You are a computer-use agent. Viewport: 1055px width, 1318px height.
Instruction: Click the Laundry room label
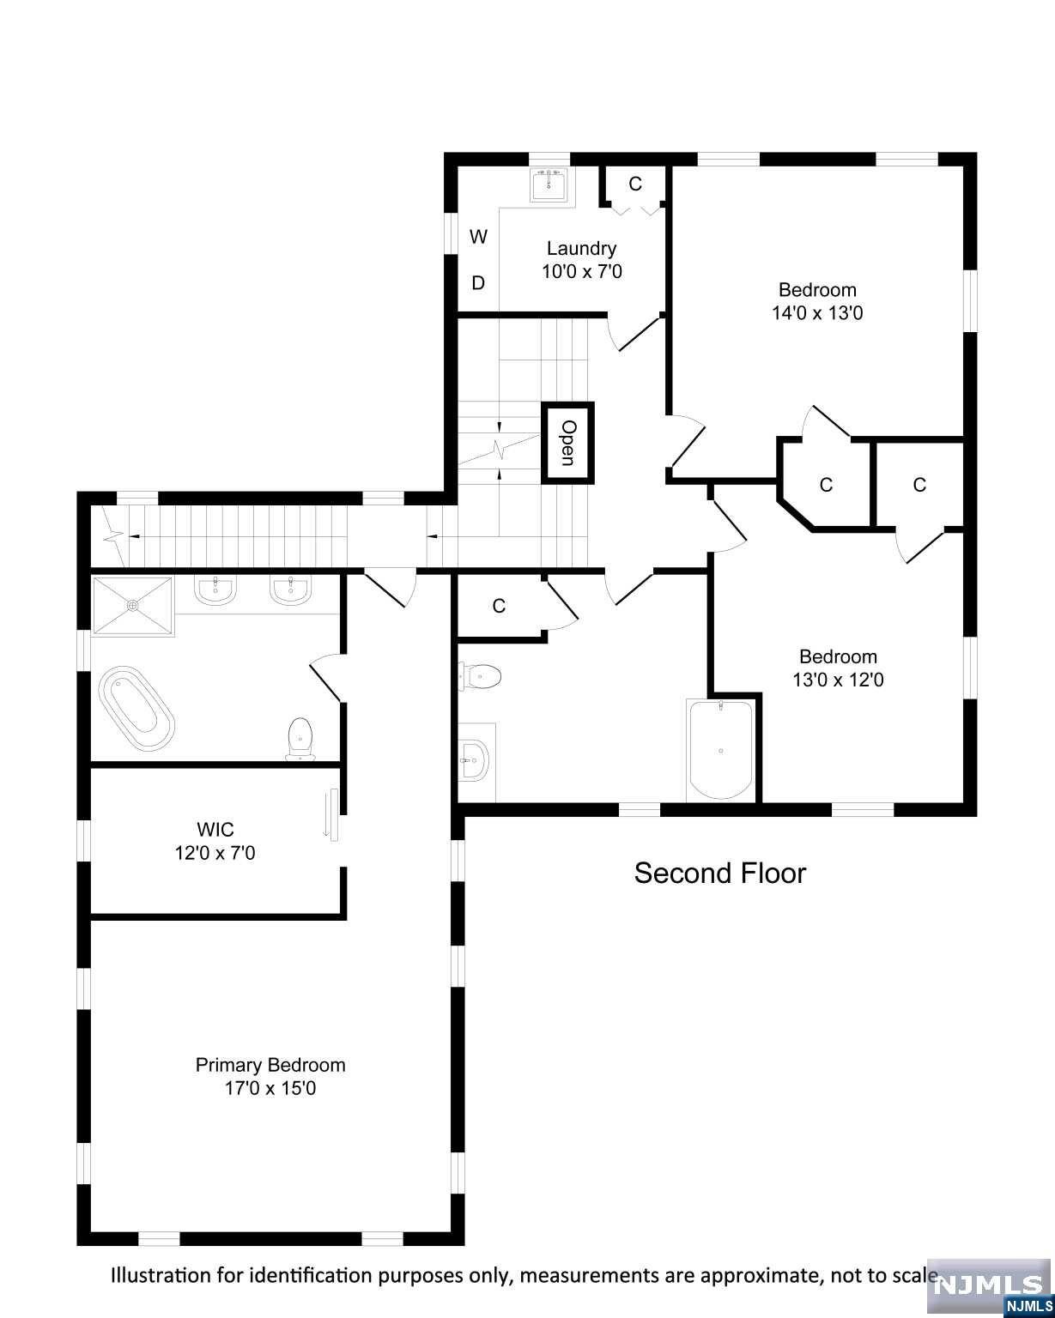tap(581, 249)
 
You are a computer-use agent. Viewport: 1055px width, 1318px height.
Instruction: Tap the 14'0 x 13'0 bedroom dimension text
tap(816, 313)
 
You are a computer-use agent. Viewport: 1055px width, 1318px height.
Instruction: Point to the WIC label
tap(215, 829)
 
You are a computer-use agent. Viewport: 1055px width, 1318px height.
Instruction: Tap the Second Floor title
tap(720, 873)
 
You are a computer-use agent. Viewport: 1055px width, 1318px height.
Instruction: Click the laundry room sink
tap(551, 185)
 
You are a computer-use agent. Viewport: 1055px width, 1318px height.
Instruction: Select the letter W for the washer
tap(478, 237)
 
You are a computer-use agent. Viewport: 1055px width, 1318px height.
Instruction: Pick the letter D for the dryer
tap(478, 283)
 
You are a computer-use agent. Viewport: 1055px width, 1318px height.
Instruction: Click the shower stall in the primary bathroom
tap(133, 605)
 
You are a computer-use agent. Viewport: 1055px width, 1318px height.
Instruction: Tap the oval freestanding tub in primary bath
tap(136, 708)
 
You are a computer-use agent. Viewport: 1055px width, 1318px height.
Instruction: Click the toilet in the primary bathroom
tap(300, 739)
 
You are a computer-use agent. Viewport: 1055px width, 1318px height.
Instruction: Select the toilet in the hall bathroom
tap(481, 677)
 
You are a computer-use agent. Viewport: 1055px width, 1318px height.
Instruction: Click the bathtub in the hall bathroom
tap(720, 750)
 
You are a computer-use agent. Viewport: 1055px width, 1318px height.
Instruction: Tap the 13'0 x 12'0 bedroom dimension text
tap(838, 680)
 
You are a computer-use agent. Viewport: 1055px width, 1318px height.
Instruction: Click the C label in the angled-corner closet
tap(826, 485)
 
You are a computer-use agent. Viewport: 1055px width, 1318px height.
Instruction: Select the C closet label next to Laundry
tap(635, 184)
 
